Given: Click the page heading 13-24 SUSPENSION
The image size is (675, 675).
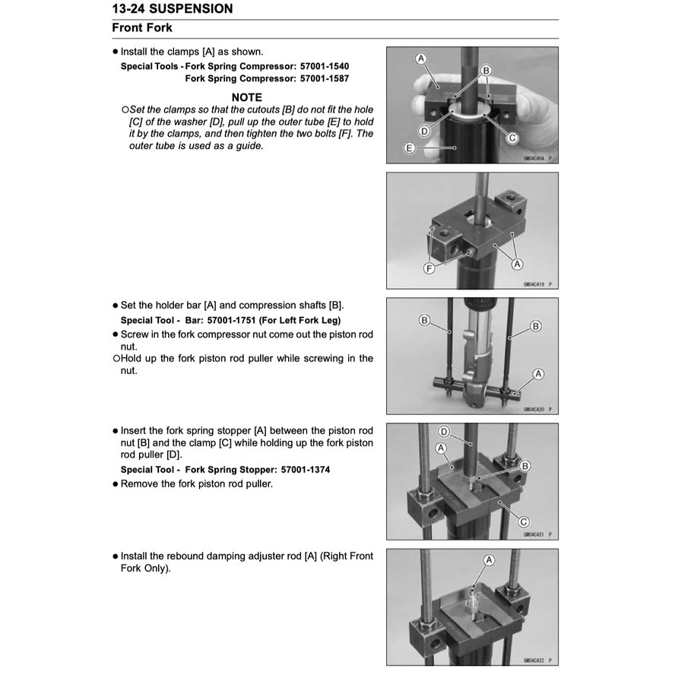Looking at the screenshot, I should click(x=173, y=9).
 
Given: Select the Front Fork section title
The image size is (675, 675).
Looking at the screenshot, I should click(x=142, y=28).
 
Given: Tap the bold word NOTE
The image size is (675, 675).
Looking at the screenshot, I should click(x=246, y=97).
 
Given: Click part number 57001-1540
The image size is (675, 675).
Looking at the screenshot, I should click(x=325, y=66).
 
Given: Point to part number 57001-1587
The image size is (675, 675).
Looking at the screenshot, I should click(x=325, y=78).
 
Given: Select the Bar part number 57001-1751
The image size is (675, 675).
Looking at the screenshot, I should click(x=220, y=320).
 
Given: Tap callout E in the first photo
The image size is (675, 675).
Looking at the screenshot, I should click(x=409, y=148).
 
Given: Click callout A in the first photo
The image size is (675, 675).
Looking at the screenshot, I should click(x=421, y=59).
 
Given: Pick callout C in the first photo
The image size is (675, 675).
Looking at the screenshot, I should click(x=512, y=138).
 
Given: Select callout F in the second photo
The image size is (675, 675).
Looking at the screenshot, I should click(x=429, y=268).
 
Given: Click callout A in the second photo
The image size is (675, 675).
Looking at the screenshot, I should click(x=518, y=264).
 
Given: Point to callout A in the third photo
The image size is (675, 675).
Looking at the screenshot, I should click(x=538, y=373).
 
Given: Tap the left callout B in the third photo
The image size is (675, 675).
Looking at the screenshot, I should click(x=424, y=320).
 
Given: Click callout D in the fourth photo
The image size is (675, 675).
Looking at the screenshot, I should click(x=445, y=433).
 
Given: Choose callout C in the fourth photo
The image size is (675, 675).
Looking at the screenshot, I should click(x=524, y=521).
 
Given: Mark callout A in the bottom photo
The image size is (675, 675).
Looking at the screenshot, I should click(x=489, y=559).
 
